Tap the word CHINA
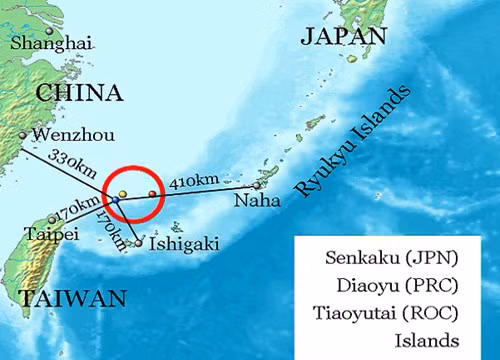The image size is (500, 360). [x=79, y=93]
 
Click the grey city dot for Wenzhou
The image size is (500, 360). [x=22, y=134]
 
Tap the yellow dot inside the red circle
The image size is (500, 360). [x=122, y=193]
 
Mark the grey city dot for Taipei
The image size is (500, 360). [x=52, y=219]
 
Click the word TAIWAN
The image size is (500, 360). [x=71, y=298]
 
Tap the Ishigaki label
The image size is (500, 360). [x=183, y=242]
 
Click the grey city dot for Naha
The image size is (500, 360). [x=257, y=184]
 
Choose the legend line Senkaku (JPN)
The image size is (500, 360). [x=392, y=257]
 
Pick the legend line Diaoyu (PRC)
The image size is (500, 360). [x=392, y=285]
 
